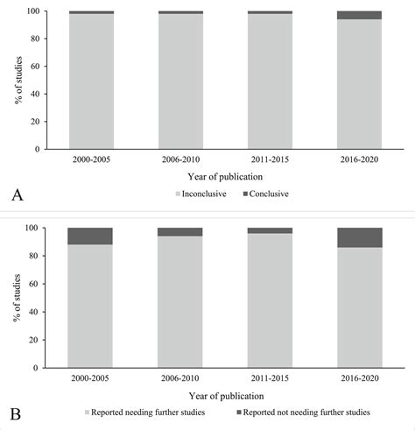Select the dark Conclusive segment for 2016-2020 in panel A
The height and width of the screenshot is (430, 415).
tap(360, 15)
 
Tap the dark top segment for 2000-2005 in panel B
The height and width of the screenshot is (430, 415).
tap(90, 236)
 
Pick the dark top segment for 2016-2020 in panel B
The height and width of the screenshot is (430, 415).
tap(360, 237)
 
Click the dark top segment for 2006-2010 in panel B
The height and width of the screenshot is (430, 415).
tap(180, 232)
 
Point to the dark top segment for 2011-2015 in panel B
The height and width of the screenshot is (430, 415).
tap(270, 230)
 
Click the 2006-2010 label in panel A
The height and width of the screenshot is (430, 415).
tap(180, 161)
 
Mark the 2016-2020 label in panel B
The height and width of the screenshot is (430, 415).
tap(360, 380)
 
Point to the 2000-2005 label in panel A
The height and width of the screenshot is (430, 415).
tap(91, 161)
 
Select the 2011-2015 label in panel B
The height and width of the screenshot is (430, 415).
tap(270, 380)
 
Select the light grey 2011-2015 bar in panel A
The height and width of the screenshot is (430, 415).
tap(270, 83)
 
